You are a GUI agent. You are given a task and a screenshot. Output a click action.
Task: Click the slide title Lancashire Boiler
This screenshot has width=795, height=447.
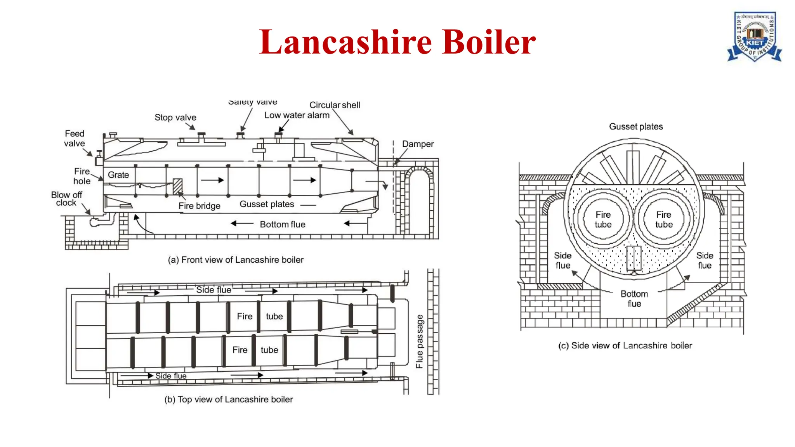pos(397,42)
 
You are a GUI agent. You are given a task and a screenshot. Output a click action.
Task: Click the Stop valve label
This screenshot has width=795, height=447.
pos(175,117)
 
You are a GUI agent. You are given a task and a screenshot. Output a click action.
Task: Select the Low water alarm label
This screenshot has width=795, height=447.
pos(297,115)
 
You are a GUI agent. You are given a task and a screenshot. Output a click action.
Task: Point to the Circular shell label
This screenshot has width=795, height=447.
pos(335,105)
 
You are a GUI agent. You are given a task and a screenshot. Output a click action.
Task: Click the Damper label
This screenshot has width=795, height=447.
pos(418,144)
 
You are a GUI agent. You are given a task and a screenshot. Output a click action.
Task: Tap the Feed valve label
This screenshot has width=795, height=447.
pos(74,139)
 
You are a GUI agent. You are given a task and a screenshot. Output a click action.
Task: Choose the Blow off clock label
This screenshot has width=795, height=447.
pos(66,199)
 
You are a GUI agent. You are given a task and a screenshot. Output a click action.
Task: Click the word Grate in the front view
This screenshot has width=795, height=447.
pos(118,175)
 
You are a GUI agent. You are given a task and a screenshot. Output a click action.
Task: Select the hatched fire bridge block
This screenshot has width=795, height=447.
pos(178,186)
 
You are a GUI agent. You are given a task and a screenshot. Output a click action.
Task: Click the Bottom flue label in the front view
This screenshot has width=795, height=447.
pos(282,224)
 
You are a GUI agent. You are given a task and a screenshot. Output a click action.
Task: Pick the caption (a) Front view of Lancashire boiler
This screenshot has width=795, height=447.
pos(236,260)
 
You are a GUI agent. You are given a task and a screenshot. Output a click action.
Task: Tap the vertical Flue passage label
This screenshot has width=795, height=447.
pos(419,341)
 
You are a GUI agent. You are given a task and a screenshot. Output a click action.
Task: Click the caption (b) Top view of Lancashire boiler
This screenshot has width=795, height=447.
pos(229,399)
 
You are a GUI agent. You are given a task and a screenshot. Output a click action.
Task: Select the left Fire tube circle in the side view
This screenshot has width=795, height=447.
pos(603,220)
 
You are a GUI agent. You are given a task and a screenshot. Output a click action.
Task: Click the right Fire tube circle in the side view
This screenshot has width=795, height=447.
pos(664,220)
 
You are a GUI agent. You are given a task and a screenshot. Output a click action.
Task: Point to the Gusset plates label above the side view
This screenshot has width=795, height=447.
pos(636,126)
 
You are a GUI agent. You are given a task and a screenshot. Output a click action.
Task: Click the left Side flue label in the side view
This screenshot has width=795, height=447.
pos(562,260)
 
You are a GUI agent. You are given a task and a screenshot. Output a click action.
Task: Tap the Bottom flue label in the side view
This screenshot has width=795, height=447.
pos(634,299)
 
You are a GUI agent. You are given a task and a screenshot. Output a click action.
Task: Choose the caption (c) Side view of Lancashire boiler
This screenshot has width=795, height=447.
pos(625,345)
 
